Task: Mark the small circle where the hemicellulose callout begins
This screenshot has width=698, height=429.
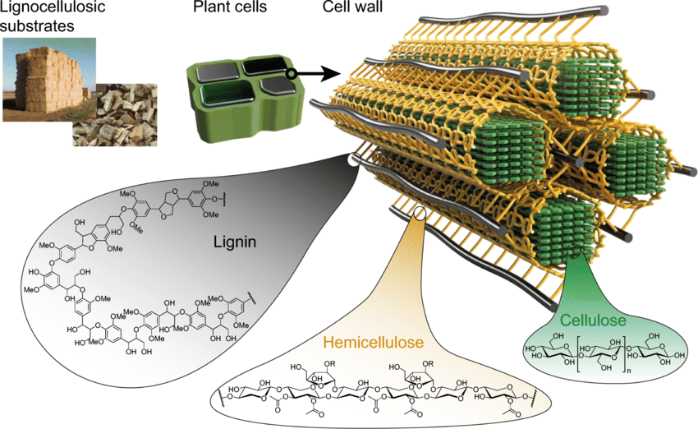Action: pos(421,214)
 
